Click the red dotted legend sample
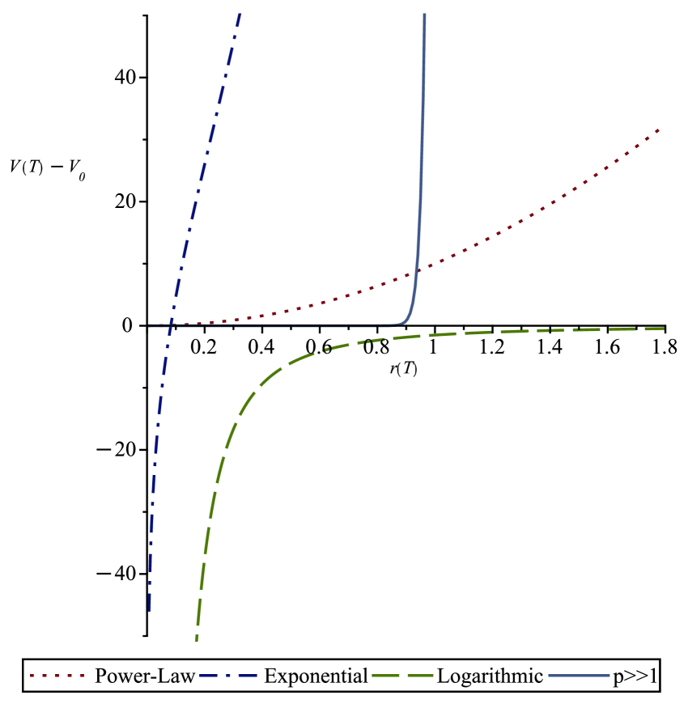click(57, 676)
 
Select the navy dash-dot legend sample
click(228, 676)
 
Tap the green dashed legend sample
click(402, 676)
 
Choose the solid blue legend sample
click(579, 676)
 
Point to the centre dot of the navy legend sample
click(228, 676)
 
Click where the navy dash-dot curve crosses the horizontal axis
click(170, 326)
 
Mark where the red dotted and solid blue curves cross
click(417, 270)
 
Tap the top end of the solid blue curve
click(424, 15)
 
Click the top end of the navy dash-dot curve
click(240, 13)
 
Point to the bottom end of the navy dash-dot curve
click(150, 610)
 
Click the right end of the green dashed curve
click(664, 329)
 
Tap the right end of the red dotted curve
click(660, 129)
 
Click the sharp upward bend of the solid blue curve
click(407, 320)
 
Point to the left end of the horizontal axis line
click(149, 326)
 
